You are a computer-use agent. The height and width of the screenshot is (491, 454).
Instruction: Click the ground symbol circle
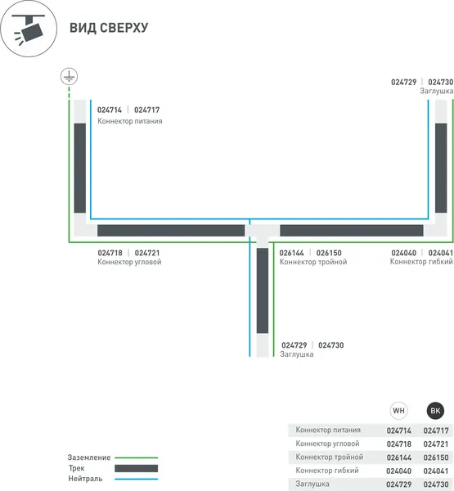tap(69, 76)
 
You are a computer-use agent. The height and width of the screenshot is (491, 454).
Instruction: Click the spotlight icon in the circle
tap(29, 29)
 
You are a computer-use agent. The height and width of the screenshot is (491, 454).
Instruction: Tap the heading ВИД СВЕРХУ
tap(109, 28)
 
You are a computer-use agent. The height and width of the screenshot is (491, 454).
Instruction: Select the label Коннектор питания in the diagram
tap(129, 121)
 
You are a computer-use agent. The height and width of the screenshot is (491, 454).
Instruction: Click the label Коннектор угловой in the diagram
tap(129, 262)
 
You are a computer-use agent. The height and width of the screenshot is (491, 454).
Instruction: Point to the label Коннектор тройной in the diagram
tap(313, 262)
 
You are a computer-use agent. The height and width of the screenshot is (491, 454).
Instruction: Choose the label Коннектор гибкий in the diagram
tap(421, 262)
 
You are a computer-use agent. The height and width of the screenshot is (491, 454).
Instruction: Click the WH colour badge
tap(398, 411)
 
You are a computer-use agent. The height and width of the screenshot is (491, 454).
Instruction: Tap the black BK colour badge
tap(435, 411)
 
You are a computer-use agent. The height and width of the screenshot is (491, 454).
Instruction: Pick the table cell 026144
tap(399, 457)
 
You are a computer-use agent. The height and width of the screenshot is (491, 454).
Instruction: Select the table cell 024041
tap(436, 471)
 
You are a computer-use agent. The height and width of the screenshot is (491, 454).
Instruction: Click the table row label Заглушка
tap(312, 484)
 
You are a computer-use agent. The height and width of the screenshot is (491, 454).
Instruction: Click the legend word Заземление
tap(89, 457)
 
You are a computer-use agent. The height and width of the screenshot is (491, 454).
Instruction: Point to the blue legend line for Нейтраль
tap(136, 479)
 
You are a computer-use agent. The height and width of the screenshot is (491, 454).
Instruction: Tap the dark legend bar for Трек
tap(136, 468)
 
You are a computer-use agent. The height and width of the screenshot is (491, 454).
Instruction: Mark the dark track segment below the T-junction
tap(263, 291)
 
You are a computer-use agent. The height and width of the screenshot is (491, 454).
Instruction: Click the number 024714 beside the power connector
tap(110, 110)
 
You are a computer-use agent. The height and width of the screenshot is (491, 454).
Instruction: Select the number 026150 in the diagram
tap(329, 253)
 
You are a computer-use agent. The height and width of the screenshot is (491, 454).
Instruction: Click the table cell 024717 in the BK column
tap(436, 430)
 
